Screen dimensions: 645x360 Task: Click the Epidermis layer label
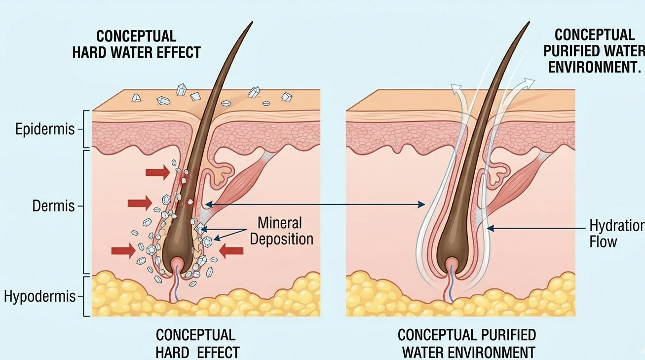(x=44, y=129)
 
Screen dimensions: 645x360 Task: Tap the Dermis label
(x=53, y=206)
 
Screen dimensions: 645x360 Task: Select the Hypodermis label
(x=40, y=296)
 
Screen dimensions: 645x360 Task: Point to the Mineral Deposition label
(x=281, y=231)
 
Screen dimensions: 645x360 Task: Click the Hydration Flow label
(x=617, y=234)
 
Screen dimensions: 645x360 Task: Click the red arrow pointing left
(x=231, y=251)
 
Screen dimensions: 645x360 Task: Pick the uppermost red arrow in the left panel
(x=158, y=172)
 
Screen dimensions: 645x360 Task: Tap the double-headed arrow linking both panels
(x=315, y=204)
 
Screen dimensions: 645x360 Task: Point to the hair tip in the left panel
(x=253, y=22)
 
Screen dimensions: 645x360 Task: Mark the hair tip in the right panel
(x=529, y=22)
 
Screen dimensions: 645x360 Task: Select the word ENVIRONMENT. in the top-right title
(x=594, y=67)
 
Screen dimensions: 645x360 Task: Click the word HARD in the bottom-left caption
(x=172, y=352)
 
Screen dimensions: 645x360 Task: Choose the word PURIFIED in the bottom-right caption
(x=508, y=335)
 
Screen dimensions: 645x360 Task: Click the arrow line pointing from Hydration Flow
(x=536, y=229)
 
